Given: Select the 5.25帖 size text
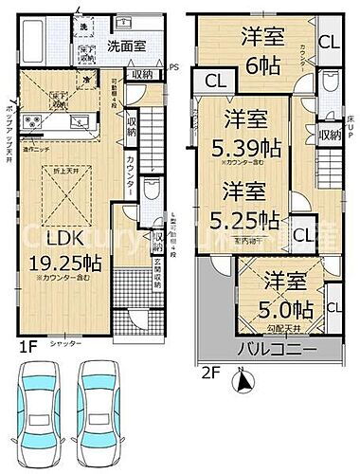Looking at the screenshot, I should [250, 219].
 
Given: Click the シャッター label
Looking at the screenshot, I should [63, 344].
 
